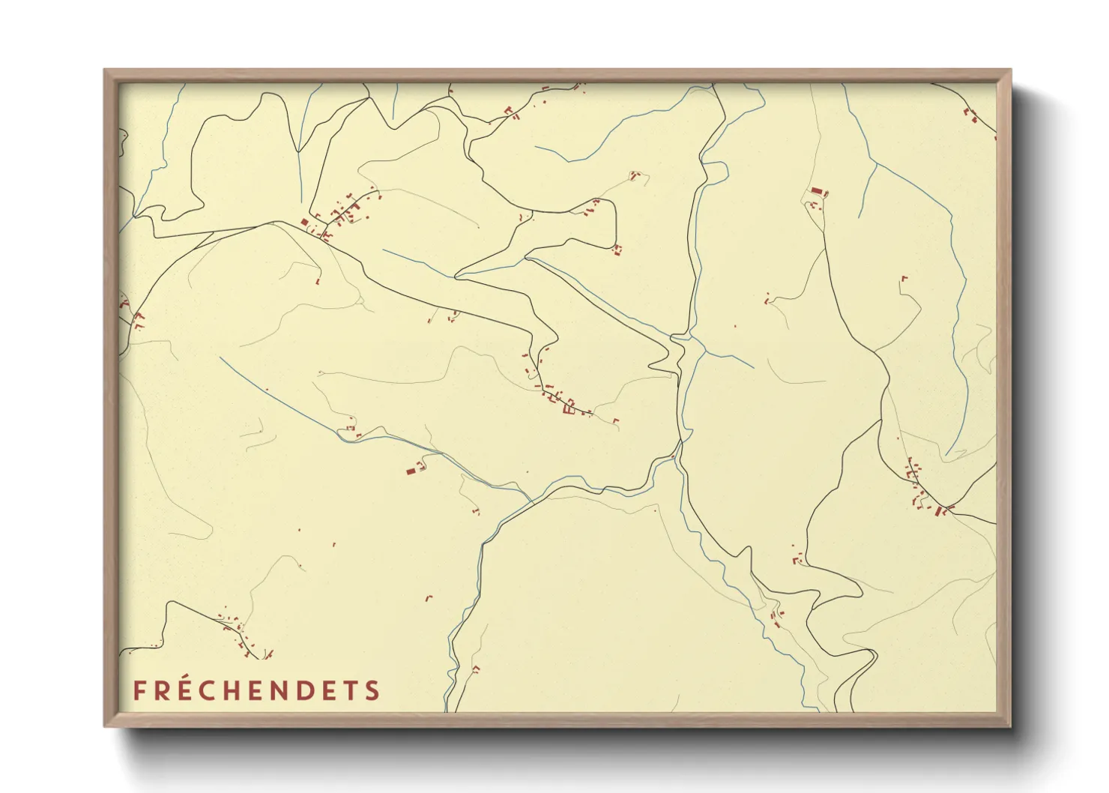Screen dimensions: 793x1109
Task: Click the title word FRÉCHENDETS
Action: (256, 690)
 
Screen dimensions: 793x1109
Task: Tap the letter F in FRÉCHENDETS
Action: (139, 690)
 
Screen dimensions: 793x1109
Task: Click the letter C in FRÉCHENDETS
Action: (208, 690)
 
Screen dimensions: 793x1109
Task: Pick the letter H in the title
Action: (233, 690)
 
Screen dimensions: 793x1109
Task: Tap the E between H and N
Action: (258, 690)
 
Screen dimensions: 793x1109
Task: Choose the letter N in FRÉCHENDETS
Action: (281, 690)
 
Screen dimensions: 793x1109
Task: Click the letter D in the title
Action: (306, 690)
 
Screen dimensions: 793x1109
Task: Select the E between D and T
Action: (329, 690)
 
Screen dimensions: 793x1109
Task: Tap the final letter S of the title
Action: (372, 690)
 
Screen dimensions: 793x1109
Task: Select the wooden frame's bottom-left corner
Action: (106, 725)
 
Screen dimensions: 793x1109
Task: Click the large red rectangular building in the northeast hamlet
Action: (816, 192)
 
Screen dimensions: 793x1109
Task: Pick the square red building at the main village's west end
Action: (304, 222)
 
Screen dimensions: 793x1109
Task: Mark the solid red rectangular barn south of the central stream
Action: (411, 471)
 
